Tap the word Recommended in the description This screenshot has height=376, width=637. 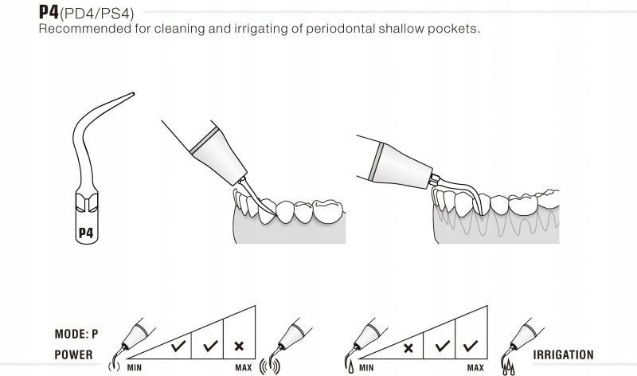pos(78,29)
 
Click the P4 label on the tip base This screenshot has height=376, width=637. pos(86,233)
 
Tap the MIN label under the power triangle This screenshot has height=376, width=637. pos(134,367)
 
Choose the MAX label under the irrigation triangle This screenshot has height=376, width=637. pos(475,367)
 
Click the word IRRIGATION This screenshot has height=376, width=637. pos(564,355)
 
